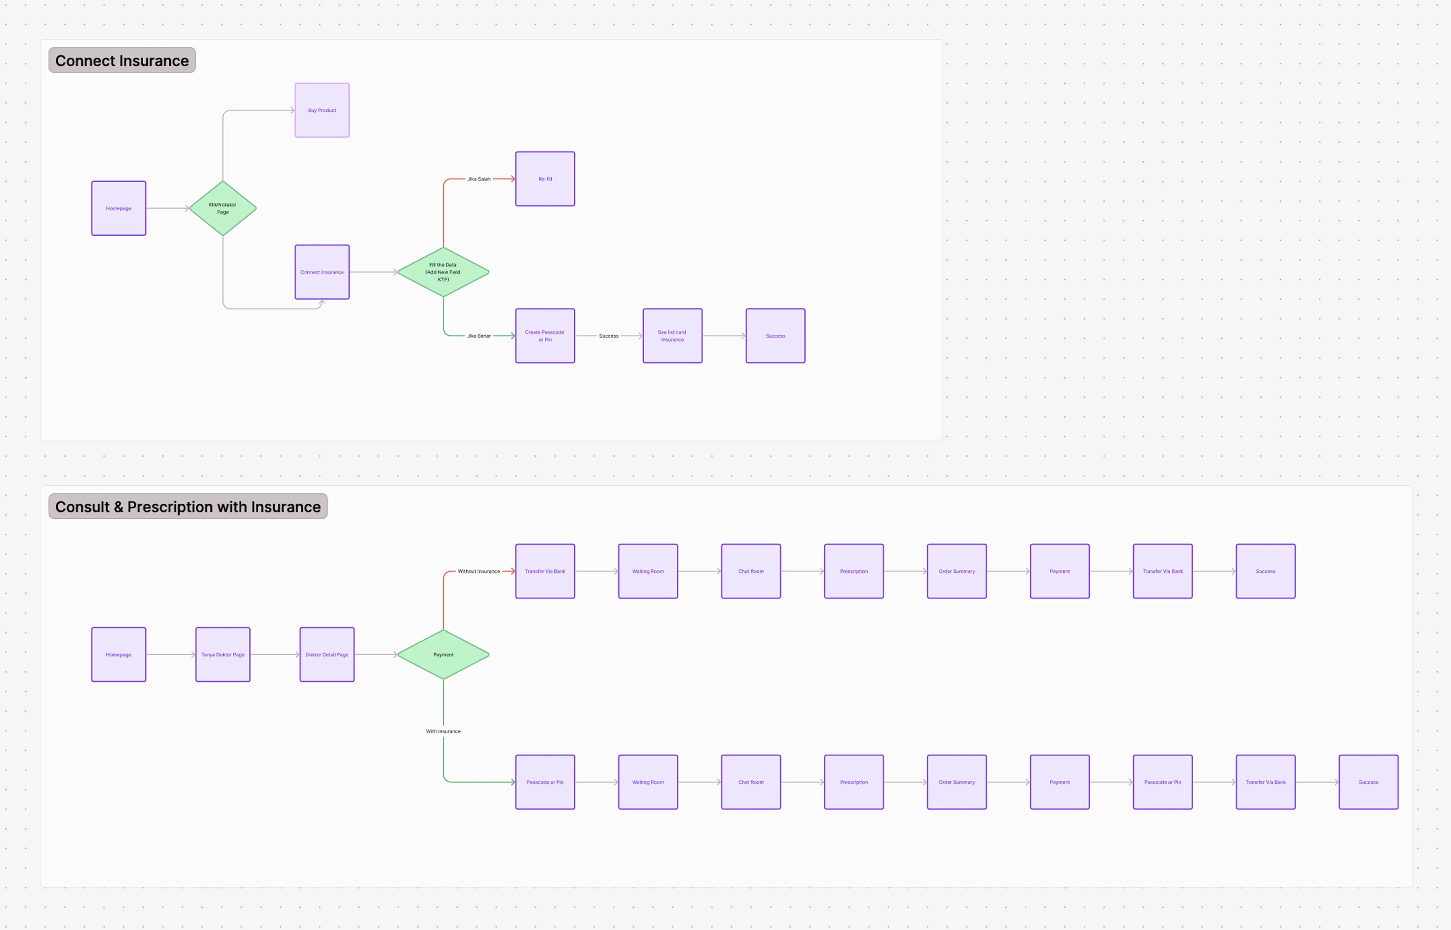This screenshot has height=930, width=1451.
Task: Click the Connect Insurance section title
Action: point(122,60)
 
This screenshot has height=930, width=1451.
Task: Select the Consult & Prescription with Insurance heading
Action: point(188,507)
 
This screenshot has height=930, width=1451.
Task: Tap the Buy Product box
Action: point(322,110)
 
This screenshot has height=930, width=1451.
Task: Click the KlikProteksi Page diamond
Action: point(223,208)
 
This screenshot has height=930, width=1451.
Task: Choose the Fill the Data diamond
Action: point(443,272)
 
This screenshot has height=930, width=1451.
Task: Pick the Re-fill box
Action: point(545,179)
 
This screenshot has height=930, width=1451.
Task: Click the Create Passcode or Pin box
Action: point(545,336)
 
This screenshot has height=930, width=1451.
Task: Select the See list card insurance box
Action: point(672,336)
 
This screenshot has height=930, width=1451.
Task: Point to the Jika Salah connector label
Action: point(479,179)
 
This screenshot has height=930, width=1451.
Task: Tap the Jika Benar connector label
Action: point(479,336)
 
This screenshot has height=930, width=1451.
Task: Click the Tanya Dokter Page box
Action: point(223,655)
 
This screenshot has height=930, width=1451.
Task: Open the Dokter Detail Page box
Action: point(326,655)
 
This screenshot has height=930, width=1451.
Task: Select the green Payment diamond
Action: point(443,655)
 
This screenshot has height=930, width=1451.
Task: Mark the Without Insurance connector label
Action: point(479,571)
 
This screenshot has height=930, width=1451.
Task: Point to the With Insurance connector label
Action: point(443,731)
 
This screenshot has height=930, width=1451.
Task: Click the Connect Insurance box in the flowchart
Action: point(322,272)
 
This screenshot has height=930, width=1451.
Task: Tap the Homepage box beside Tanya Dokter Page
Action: point(118,655)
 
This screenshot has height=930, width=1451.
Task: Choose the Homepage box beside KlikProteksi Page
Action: point(118,208)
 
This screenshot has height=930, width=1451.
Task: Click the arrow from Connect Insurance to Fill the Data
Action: point(373,272)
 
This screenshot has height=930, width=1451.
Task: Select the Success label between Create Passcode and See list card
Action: point(608,336)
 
